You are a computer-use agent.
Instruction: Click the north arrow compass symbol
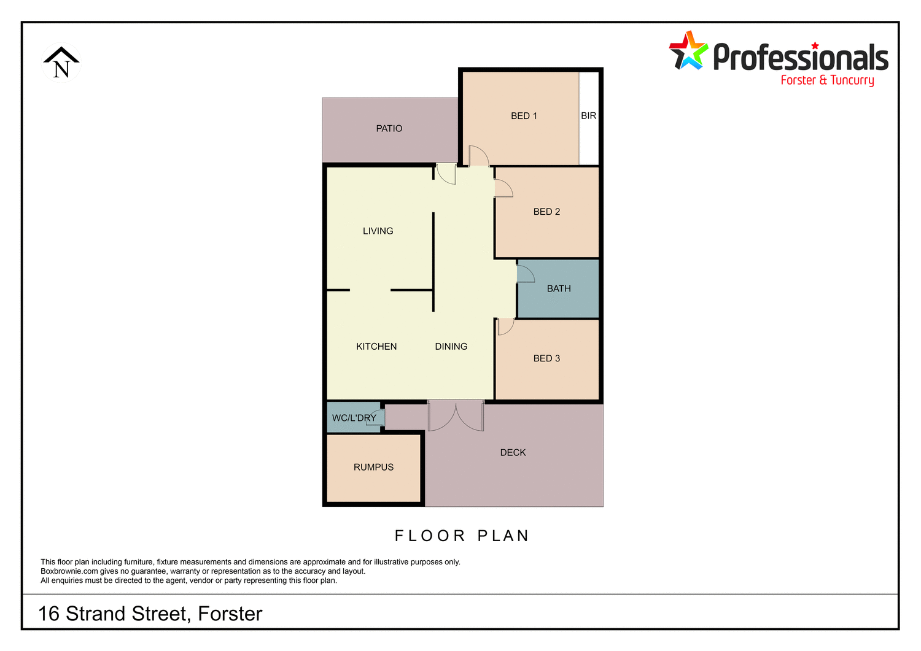point(61,63)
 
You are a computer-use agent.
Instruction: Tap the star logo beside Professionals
point(688,51)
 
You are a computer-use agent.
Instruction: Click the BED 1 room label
point(524,116)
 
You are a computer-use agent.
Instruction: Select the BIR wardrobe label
point(588,116)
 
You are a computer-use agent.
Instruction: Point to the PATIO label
point(389,128)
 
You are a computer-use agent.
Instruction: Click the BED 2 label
point(546,212)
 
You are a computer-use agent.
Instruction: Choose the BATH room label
point(559,288)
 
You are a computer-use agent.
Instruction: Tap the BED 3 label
point(546,358)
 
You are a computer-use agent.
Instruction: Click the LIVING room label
point(378,231)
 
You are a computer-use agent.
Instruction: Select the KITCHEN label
point(376,347)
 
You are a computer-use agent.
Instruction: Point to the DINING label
point(451,347)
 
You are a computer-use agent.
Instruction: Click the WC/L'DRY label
point(354,418)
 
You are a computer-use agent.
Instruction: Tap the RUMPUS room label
point(373,468)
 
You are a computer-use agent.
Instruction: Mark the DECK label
point(513,453)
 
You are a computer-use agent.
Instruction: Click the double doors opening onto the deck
point(456,415)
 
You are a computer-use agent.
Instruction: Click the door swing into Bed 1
point(478,156)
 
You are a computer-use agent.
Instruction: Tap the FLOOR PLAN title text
point(462,536)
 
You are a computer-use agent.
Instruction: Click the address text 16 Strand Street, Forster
point(150,614)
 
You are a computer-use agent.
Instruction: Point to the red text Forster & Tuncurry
point(827,80)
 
